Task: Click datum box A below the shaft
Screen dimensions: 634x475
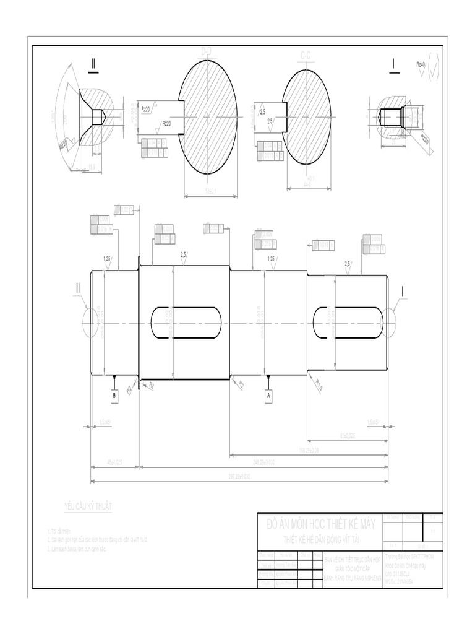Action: point(268,395)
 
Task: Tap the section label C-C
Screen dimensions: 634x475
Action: point(305,56)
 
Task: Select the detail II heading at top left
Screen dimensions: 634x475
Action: point(94,64)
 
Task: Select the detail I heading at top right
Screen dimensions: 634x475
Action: point(393,63)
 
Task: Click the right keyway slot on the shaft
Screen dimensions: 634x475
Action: point(346,321)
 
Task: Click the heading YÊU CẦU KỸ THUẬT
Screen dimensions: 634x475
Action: point(88,508)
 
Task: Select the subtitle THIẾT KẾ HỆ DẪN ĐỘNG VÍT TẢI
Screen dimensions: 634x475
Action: point(321,539)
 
